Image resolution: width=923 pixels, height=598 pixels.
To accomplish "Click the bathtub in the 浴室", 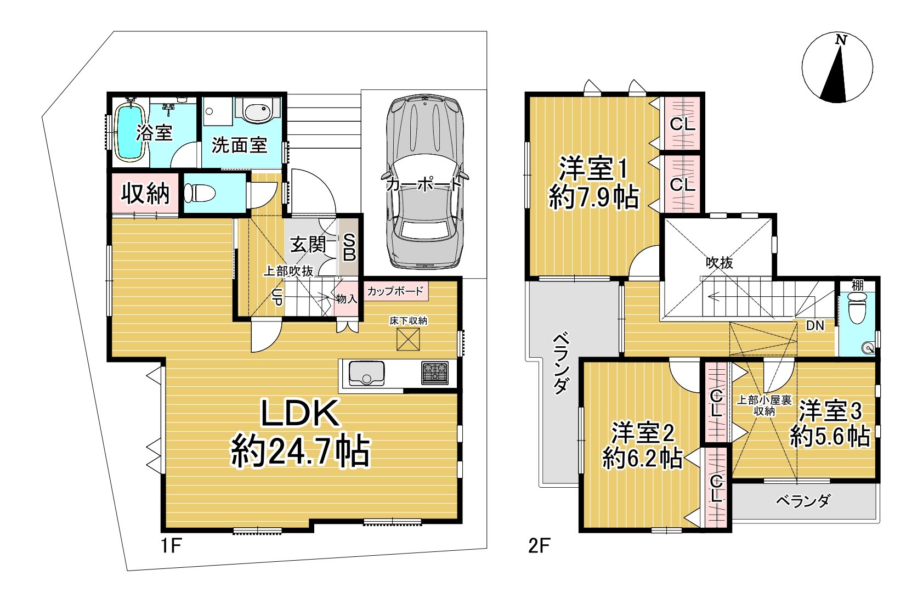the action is click(x=130, y=131).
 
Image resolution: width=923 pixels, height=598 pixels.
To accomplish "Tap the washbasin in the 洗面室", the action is click(x=258, y=110).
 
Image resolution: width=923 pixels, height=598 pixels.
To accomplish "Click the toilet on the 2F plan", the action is click(x=858, y=308).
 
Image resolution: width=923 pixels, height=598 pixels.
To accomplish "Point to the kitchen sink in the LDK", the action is click(x=367, y=373).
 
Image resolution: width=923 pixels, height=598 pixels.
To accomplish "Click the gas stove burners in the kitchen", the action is click(x=435, y=373).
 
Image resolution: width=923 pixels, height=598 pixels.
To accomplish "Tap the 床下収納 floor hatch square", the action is click(x=408, y=339).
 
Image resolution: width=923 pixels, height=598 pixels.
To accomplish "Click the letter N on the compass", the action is click(x=841, y=40).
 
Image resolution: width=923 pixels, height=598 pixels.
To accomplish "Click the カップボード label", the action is click(x=395, y=291).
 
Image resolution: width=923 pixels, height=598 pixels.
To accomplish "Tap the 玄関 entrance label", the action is click(x=308, y=245).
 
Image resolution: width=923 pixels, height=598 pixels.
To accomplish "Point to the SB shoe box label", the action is click(x=349, y=247).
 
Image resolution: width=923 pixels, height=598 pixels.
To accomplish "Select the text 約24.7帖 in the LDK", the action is click(x=301, y=452).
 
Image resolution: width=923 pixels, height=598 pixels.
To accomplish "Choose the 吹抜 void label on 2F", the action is click(x=720, y=263).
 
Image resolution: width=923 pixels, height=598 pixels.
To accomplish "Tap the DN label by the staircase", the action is click(x=815, y=325).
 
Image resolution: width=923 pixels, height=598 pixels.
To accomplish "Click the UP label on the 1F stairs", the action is click(x=278, y=297).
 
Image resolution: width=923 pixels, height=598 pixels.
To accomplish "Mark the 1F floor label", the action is click(x=171, y=546).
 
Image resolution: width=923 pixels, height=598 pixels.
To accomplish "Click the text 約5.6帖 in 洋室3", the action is click(x=829, y=437).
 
